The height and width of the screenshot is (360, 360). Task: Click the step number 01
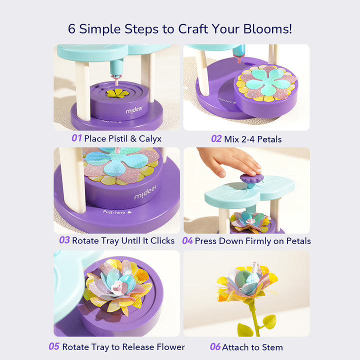coord(76,138)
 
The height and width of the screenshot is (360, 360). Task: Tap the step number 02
coord(216,138)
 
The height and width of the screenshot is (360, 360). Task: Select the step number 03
coord(64,240)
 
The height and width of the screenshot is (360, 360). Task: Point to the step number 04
coord(187,240)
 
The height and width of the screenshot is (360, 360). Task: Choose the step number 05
coord(54,346)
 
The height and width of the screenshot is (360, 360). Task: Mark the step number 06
coord(215,346)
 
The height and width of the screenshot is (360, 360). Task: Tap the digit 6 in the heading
coord(72,28)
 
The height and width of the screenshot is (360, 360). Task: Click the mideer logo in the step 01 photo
coord(119,109)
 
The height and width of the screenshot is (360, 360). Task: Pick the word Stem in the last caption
coord(272,346)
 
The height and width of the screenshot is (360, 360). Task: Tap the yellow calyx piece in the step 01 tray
coord(117,93)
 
